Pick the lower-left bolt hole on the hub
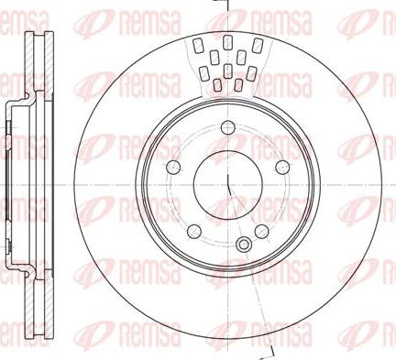tap(193, 229)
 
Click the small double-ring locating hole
tap(243, 245)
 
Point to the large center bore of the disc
tap(225, 180)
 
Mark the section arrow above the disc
tap(220, 5)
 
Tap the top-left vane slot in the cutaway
tap(199, 43)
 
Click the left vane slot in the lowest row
tap(217, 85)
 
